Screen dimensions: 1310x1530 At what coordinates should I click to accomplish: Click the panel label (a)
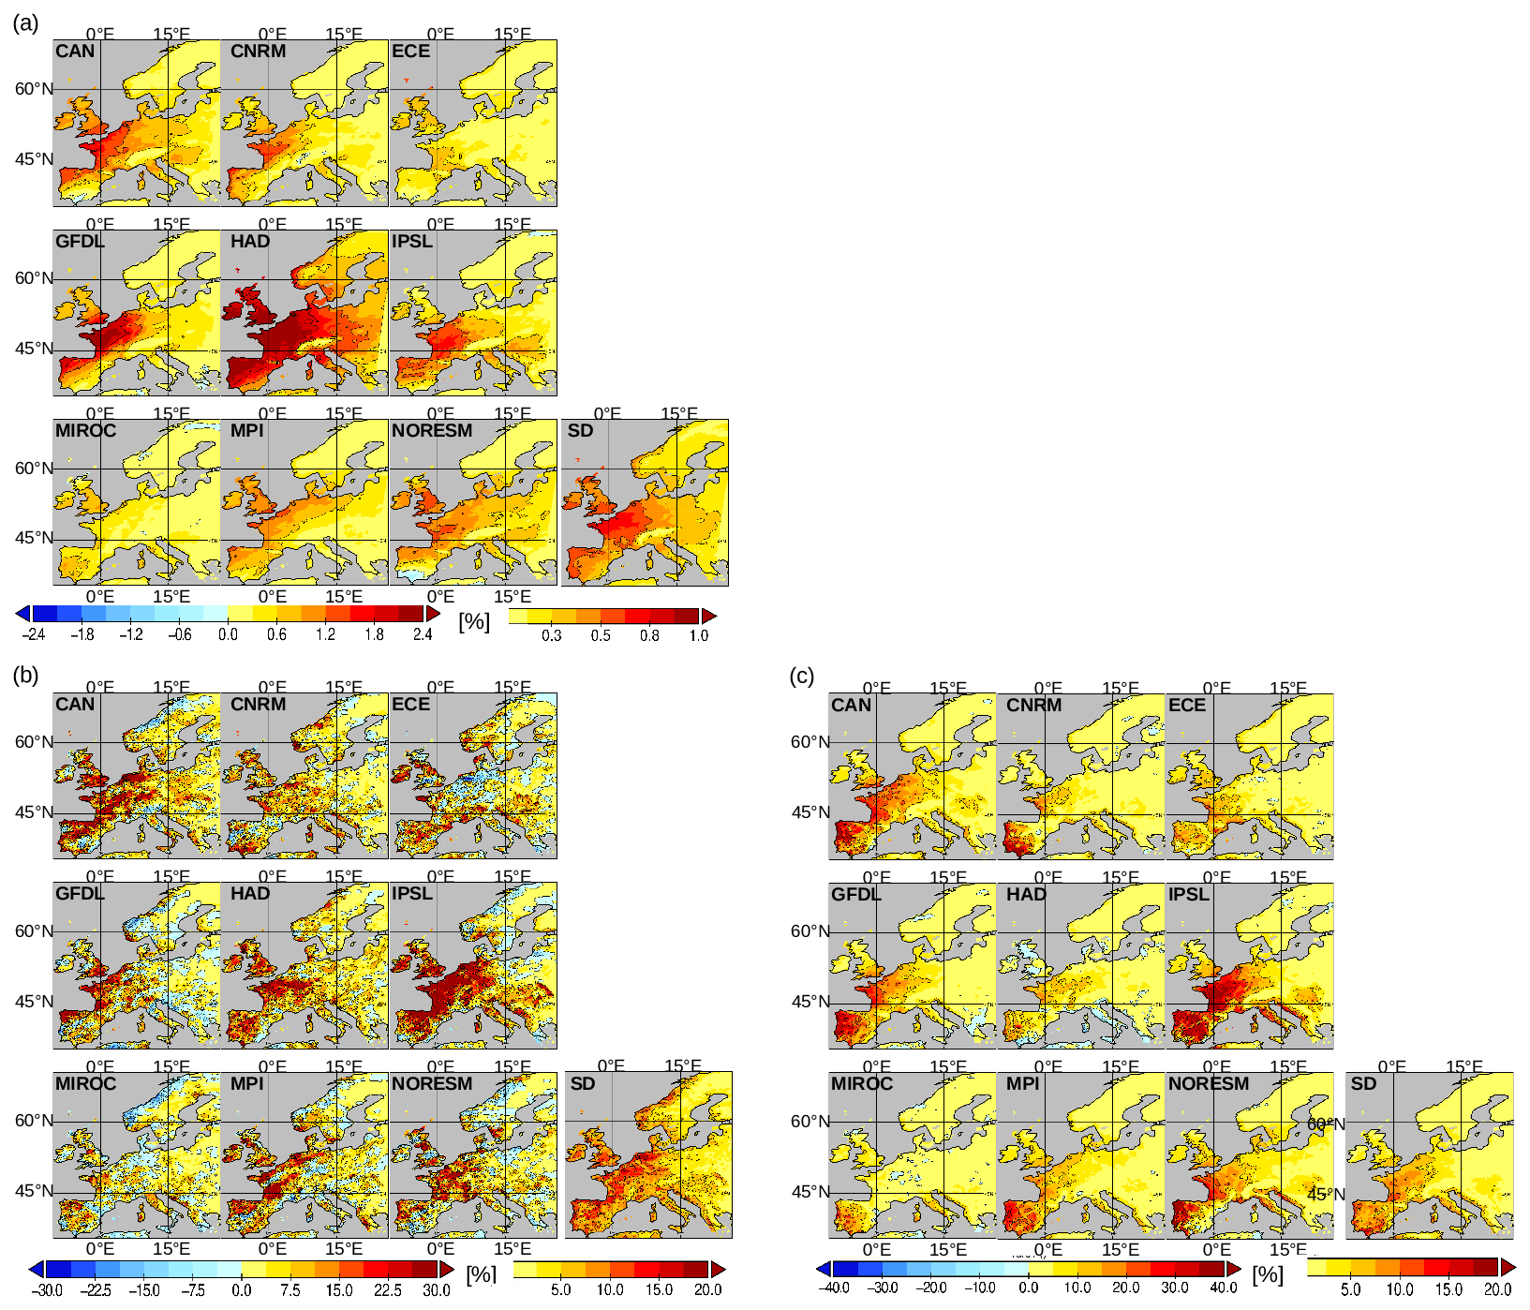[25, 23]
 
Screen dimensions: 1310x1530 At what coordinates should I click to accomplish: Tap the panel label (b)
[25, 675]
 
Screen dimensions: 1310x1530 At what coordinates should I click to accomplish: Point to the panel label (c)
[802, 676]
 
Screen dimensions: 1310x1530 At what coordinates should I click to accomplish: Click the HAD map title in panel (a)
[250, 242]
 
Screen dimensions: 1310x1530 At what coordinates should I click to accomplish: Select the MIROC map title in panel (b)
[85, 1084]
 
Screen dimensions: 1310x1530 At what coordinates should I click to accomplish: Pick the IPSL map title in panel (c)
[1188, 895]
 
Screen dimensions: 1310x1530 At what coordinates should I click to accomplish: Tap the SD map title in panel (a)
[581, 431]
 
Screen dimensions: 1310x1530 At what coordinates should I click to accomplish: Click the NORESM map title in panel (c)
[1209, 1084]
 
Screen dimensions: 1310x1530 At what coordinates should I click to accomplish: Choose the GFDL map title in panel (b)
[80, 894]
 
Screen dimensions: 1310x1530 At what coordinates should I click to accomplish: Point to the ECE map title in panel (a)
[410, 52]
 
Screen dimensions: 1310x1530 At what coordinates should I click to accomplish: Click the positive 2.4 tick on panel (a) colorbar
[423, 634]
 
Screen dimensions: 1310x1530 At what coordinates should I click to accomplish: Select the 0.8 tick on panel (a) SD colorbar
[649, 635]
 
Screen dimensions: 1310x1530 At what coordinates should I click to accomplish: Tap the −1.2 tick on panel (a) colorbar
[131, 634]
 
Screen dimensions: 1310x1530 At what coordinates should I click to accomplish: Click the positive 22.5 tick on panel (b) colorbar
[388, 1289]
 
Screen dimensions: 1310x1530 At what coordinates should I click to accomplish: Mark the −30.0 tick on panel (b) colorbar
[46, 1289]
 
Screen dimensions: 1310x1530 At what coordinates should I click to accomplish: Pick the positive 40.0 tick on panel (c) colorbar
[1224, 1288]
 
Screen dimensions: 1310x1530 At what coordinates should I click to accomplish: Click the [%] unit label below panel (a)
[474, 621]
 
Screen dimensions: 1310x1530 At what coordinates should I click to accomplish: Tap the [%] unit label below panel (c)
[1268, 1274]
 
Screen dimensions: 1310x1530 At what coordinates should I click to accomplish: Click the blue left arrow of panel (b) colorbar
[37, 1269]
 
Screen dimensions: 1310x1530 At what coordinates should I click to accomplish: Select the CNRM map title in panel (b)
[258, 705]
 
